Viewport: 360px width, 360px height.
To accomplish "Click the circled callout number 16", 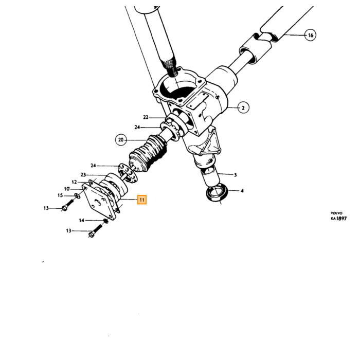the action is (x=311, y=35).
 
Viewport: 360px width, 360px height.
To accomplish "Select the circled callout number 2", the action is (x=243, y=107).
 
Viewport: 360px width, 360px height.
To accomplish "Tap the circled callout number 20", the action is (x=121, y=140).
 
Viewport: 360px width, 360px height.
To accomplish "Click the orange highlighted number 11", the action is (x=142, y=200).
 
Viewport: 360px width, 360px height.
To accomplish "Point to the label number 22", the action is (x=146, y=118).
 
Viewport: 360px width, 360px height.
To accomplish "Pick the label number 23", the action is (x=83, y=175).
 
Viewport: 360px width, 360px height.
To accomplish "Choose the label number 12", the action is (x=74, y=182).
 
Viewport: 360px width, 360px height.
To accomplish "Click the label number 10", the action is (x=67, y=189).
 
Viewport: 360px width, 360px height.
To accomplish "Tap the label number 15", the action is (x=60, y=195).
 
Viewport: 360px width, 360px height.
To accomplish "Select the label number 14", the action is (x=82, y=221).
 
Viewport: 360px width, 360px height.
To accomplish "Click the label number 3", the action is (x=235, y=175).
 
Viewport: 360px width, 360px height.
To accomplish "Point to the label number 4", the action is (x=242, y=191).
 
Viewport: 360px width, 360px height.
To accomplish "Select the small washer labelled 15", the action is (x=77, y=196).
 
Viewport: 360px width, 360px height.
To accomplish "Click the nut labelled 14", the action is (x=105, y=221).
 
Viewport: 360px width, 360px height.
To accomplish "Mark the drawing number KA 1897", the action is (x=339, y=219).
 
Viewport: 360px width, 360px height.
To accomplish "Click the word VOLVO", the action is (x=336, y=213).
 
